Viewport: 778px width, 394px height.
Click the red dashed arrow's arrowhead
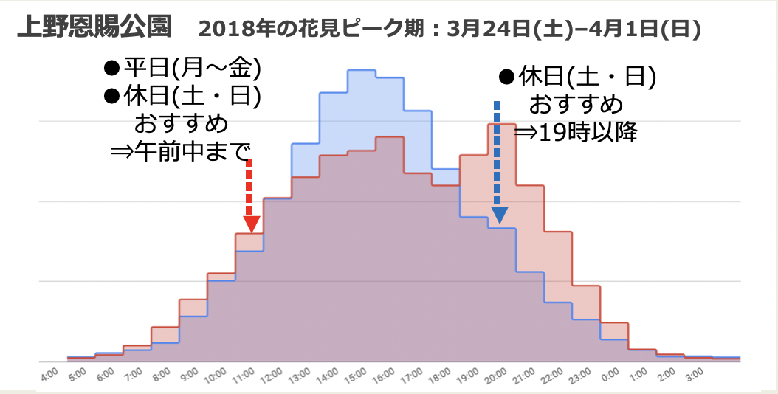pos(252,222)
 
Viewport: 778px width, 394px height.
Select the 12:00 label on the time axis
pos(271,375)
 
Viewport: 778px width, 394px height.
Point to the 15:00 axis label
pos(354,375)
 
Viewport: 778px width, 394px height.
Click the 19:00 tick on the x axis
pos(466,375)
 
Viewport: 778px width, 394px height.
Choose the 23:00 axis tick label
pos(578,375)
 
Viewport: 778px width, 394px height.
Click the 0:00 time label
pos(608,375)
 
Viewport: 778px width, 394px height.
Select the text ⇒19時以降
pos(576,132)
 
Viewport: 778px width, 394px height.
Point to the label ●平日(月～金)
pos(182,69)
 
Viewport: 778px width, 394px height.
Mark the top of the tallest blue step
pos(361,70)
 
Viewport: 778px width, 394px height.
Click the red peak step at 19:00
pos(501,125)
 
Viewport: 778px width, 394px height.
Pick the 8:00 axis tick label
pos(159,375)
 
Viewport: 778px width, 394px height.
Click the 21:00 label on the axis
pos(522,375)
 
